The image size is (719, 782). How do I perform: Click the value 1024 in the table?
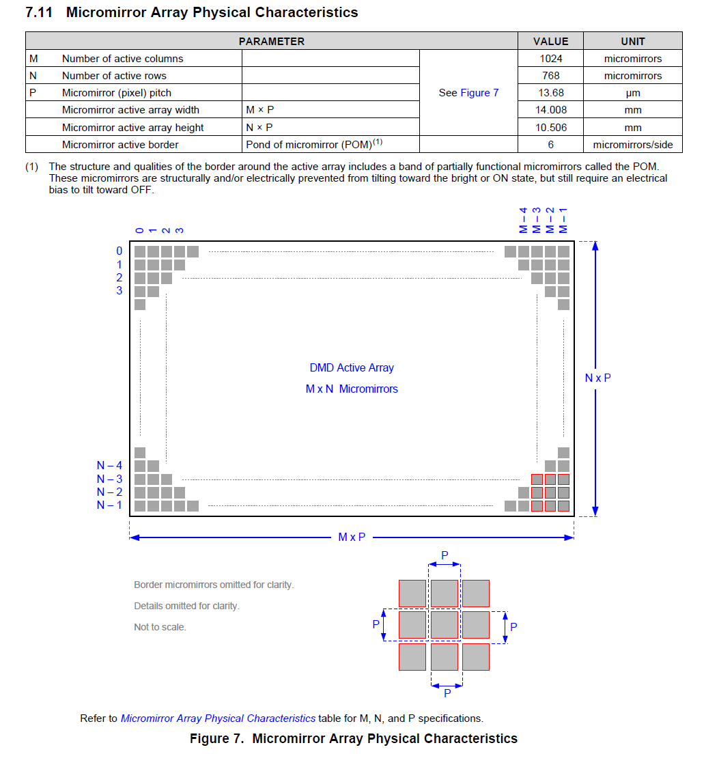(x=550, y=59)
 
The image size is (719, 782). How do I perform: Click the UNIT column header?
(x=632, y=41)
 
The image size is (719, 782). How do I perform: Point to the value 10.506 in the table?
(x=550, y=127)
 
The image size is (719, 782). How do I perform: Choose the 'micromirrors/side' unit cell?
(x=632, y=144)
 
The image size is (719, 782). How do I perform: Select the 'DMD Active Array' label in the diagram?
(x=352, y=367)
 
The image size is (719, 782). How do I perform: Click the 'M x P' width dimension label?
(x=352, y=537)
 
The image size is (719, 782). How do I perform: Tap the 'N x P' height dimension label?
(x=597, y=378)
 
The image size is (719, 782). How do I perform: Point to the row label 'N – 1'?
(x=109, y=505)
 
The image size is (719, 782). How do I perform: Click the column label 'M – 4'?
(x=523, y=220)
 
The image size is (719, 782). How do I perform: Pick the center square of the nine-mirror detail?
(x=445, y=625)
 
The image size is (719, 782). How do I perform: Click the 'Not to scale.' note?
(x=160, y=627)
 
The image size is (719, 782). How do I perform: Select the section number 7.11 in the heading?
(x=39, y=12)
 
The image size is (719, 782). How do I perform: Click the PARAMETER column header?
(x=271, y=41)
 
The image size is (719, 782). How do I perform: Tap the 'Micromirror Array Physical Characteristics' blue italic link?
(x=218, y=718)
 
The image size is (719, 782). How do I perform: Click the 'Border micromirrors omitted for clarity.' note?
(x=214, y=585)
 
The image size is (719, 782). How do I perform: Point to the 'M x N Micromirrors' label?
(x=352, y=389)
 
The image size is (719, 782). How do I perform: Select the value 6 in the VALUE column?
(x=550, y=144)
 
